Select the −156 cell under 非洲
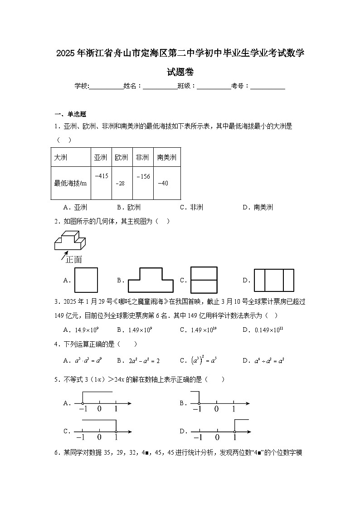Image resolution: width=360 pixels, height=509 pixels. click(143, 176)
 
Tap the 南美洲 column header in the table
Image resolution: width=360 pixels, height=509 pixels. click(166, 158)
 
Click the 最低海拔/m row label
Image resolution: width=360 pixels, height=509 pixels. click(70, 183)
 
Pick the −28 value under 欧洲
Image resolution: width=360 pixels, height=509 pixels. click(120, 183)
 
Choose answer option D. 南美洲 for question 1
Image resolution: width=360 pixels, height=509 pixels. click(258, 208)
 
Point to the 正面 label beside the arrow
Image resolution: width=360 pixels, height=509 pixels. click(73, 259)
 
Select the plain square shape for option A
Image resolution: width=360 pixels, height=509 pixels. click(86, 280)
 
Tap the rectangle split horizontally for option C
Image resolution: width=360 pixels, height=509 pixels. click(204, 280)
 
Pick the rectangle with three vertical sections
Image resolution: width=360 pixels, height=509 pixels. click(274, 280)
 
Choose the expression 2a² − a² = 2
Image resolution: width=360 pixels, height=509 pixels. click(138, 361)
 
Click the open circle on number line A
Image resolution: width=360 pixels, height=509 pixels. click(83, 403)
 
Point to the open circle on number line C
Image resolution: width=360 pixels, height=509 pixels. click(116, 431)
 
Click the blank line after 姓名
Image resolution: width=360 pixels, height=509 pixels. click(160, 86)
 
